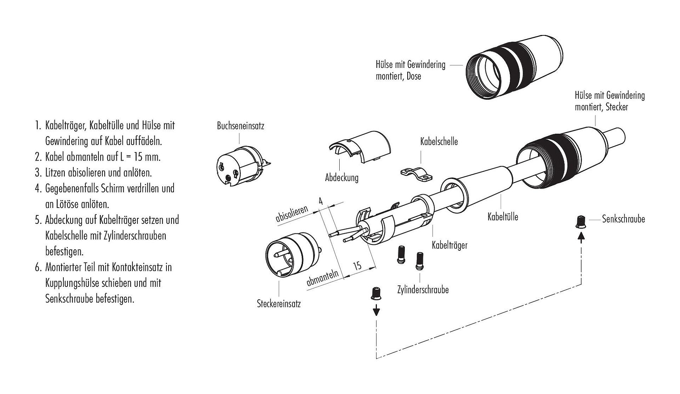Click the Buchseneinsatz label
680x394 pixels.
(240, 126)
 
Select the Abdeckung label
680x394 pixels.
(342, 178)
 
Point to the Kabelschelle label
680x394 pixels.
(439, 142)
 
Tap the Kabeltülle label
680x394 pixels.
(503, 217)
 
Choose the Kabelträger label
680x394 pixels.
(449, 245)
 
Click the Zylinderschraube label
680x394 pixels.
(423, 290)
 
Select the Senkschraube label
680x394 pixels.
(623, 219)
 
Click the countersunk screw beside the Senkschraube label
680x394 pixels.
(580, 222)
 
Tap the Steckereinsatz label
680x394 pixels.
(279, 304)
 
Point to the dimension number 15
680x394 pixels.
(357, 266)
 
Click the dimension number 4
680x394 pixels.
(321, 201)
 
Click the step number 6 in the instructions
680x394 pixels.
(38, 267)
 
